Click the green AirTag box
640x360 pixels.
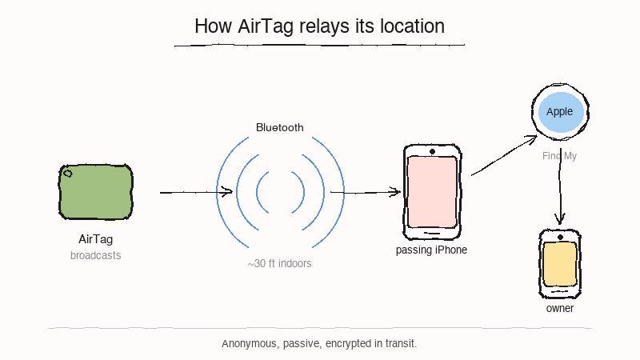click(x=97, y=192)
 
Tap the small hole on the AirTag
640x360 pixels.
click(x=68, y=173)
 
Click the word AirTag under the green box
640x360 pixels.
click(x=96, y=239)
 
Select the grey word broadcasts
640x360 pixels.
click(x=96, y=256)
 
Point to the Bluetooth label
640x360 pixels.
click(x=280, y=127)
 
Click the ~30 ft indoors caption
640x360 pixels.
click(x=280, y=263)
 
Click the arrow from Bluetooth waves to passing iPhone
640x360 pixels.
click(x=365, y=192)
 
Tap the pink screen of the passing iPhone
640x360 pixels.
click(x=432, y=192)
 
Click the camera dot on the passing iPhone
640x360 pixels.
click(x=432, y=151)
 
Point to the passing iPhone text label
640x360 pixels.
click(x=431, y=250)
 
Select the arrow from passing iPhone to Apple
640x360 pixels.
click(x=504, y=156)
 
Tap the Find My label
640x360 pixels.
click(x=559, y=156)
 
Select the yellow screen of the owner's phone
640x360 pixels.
click(x=560, y=264)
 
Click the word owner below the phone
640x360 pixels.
click(x=560, y=308)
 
